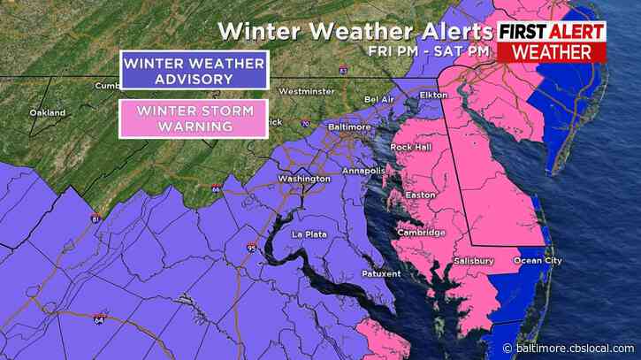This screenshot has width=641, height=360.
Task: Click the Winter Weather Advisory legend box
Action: click(194, 71)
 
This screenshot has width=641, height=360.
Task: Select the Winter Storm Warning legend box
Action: click(194, 119)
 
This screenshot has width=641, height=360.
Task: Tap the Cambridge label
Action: click(422, 233)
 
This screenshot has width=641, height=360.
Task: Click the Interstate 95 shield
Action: click(253, 248)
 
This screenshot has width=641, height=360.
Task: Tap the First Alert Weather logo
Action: click(553, 42)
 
